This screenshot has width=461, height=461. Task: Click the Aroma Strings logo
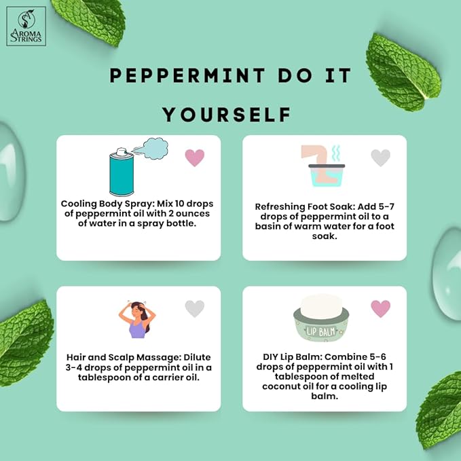coord(26,26)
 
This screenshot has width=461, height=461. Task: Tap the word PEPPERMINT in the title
coord(187,75)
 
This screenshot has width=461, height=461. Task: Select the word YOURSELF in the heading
coord(227,114)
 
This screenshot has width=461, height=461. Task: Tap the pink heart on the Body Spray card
coord(195,158)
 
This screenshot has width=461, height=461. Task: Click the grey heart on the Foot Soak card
coord(380,158)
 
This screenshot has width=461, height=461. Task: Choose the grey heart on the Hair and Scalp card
coord(195,309)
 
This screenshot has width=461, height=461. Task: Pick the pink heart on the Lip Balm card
coord(380,309)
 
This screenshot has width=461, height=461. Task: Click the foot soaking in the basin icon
coord(322,166)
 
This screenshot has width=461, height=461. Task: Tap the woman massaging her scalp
coord(137,320)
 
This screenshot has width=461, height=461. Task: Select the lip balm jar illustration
coord(321,318)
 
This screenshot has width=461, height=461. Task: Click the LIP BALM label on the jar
coord(320,332)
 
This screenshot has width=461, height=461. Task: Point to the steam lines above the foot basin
coord(336,153)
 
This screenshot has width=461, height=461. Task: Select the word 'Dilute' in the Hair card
coord(197,358)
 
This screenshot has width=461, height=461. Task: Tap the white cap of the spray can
coord(122,151)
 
